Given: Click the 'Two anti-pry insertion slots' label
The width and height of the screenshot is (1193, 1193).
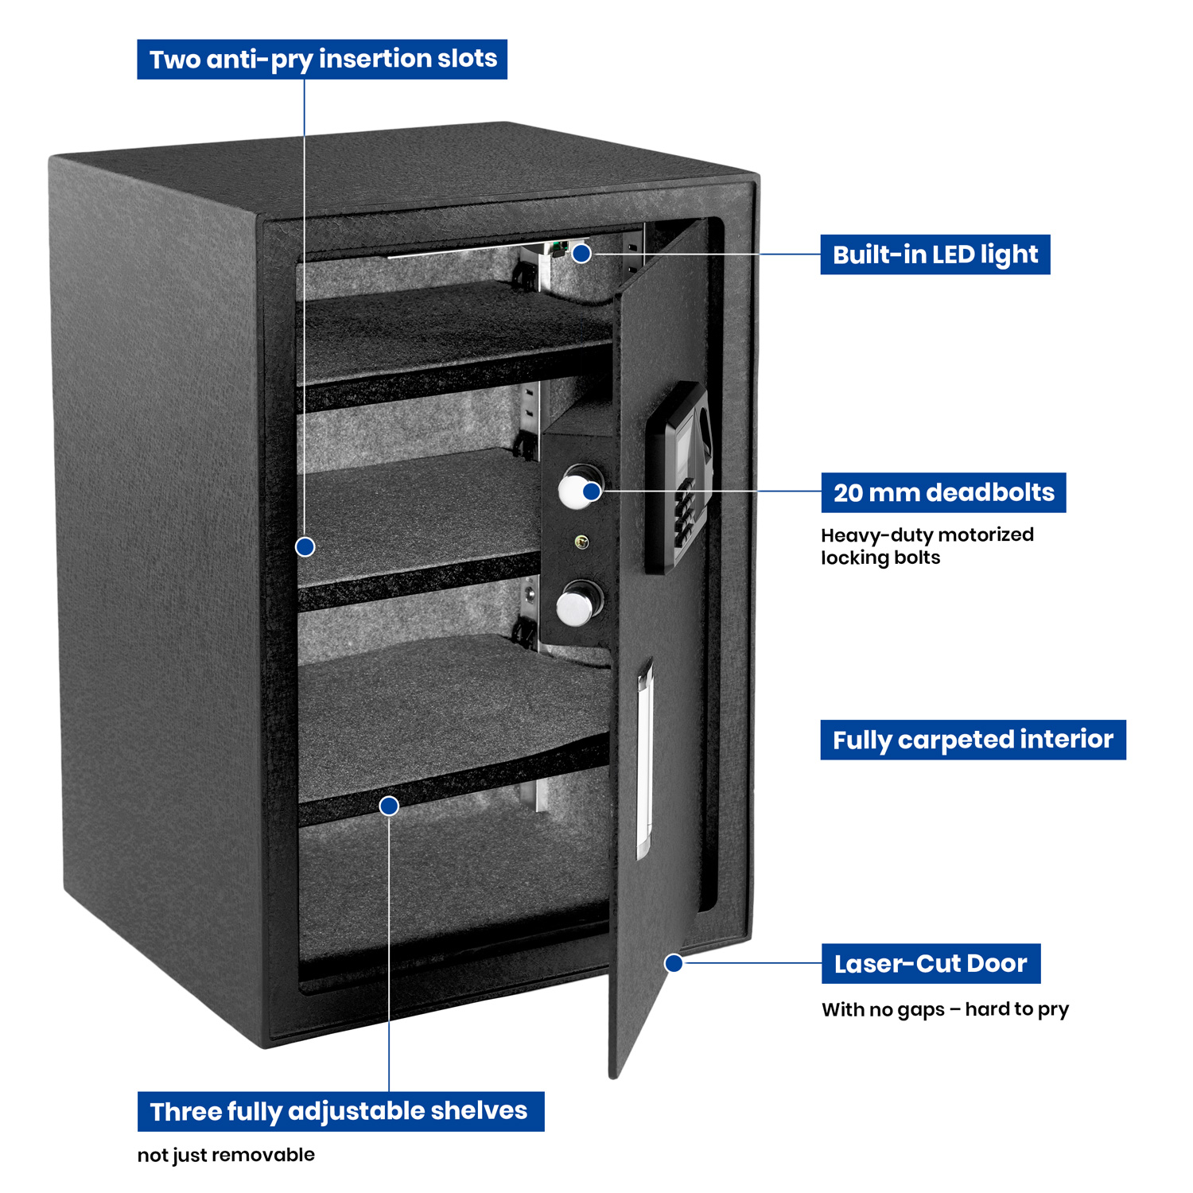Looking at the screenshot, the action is tap(322, 60).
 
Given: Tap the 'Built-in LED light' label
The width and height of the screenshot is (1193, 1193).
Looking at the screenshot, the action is tap(935, 255).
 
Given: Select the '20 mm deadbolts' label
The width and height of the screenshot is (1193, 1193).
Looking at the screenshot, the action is tap(943, 493).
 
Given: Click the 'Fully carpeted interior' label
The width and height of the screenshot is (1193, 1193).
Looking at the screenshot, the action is tap(973, 740).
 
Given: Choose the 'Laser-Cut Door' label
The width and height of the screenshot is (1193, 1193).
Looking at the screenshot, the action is tap(931, 964).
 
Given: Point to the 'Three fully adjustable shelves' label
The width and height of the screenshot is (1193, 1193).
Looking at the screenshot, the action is tap(340, 1111).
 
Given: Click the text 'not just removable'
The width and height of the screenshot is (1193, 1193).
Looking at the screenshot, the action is tap(226, 1155).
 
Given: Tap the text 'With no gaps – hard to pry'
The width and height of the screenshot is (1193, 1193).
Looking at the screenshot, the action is tap(945, 1009).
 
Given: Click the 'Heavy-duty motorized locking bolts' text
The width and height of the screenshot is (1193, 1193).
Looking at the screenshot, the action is tap(927, 546).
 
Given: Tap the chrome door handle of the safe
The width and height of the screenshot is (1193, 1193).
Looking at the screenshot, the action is tap(643, 760).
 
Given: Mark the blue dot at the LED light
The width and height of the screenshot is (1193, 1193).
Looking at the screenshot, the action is tap(582, 254).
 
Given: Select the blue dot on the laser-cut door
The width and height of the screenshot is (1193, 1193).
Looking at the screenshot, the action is tap(674, 963).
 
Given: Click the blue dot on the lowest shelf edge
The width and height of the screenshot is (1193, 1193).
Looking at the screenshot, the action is tap(389, 806).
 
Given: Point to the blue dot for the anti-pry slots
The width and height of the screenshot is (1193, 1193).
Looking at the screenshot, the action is tap(305, 547).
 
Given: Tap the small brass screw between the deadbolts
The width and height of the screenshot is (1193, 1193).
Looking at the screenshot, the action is tap(581, 543).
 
